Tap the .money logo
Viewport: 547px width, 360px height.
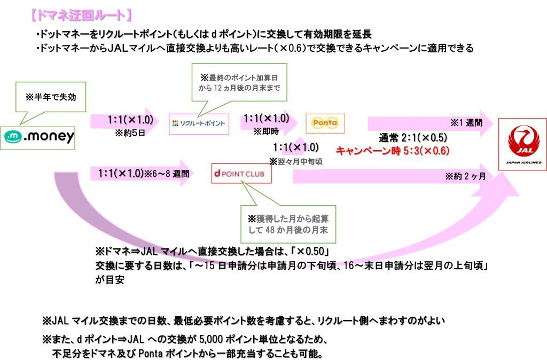point(40,137)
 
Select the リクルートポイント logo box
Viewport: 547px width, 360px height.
point(199,124)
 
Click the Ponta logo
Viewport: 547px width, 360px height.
point(325,123)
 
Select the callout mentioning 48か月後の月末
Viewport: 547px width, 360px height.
point(288,224)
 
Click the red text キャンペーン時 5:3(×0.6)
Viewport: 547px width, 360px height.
point(392,151)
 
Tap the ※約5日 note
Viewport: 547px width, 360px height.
point(128,132)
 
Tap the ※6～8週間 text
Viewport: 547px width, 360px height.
point(166,174)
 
